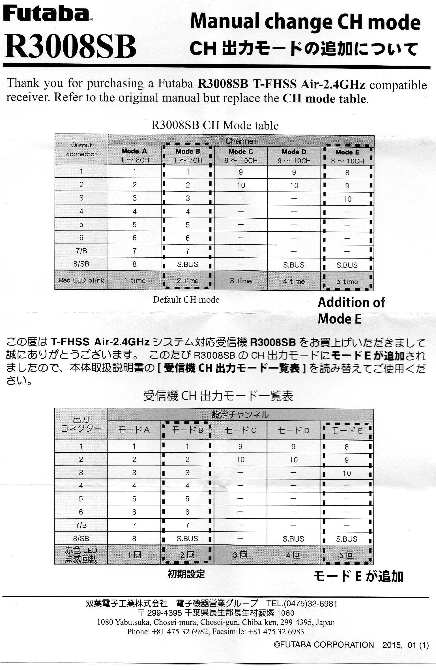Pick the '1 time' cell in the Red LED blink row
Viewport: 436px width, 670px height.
135,281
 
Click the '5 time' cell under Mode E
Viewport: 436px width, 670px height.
347,282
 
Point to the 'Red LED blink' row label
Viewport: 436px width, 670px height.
81,280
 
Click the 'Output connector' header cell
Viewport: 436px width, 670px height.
81,150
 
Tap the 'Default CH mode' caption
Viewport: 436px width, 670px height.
186,300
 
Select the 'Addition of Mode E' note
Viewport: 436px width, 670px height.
351,311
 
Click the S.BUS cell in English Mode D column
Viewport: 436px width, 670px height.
294,265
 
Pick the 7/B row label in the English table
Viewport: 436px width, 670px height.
81,251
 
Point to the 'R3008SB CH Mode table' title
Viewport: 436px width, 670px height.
215,125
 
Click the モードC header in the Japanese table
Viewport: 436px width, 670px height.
240,430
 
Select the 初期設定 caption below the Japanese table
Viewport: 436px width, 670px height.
186,574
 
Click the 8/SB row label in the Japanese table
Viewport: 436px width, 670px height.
81,538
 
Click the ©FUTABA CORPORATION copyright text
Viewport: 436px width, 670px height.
324,645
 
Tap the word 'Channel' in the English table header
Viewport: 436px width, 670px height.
240,141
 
